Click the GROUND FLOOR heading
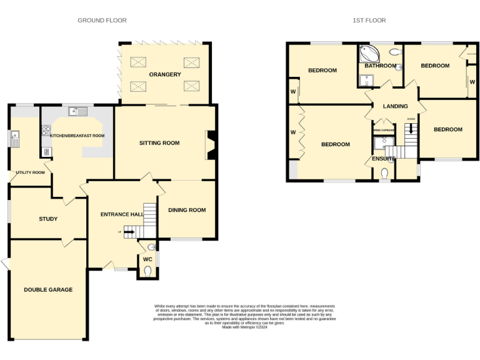click(102, 21)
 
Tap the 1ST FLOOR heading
click(369, 21)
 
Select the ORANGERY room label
click(165, 75)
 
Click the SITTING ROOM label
click(159, 143)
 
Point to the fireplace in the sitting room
click(212, 142)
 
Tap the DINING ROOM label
click(187, 210)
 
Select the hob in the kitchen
click(46, 131)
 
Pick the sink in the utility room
click(14, 138)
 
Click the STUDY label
click(48, 219)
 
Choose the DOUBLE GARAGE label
click(48, 289)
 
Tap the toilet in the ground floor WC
click(147, 271)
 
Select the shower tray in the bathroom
click(366, 79)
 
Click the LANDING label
click(396, 106)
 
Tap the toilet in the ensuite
click(384, 173)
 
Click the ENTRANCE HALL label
click(122, 214)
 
